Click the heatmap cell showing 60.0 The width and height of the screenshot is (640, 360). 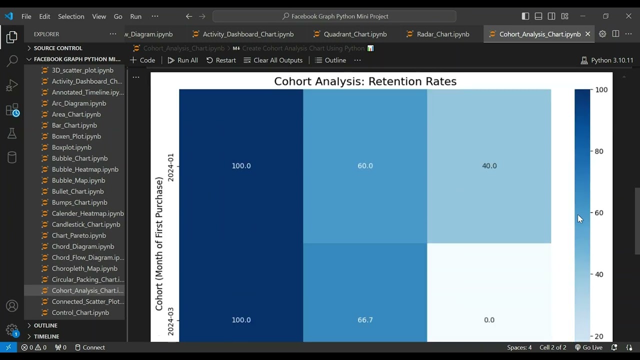coord(365,166)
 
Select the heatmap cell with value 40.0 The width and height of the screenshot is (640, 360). coord(489,166)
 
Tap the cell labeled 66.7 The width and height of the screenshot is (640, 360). coord(365,320)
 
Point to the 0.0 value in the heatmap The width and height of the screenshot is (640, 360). coord(489,320)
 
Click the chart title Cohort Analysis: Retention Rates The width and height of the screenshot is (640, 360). coord(365,81)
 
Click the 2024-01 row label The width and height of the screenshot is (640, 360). coord(171,167)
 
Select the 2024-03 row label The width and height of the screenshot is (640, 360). coord(171,321)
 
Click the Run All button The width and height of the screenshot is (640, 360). coord(182,60)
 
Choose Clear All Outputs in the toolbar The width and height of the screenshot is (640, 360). coord(273,60)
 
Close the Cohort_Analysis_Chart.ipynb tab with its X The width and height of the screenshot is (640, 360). coord(588,34)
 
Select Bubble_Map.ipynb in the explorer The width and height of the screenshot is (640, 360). coord(78,180)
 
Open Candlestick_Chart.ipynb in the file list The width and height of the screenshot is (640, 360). coord(86,224)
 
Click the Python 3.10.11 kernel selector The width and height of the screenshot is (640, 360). coord(607,60)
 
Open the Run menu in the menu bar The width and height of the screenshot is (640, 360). coord(135,16)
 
